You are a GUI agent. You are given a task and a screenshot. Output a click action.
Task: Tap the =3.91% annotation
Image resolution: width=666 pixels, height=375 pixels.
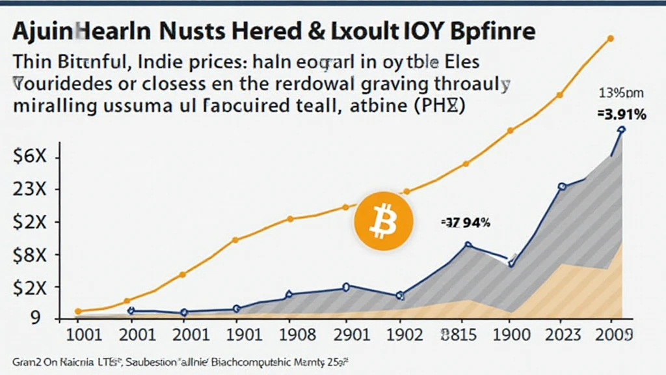pyautogui.click(x=620, y=115)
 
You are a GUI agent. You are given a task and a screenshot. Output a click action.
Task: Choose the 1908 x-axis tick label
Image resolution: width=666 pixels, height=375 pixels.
pyautogui.click(x=291, y=337)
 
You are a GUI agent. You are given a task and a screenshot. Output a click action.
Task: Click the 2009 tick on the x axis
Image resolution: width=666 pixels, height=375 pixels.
pyautogui.click(x=615, y=337)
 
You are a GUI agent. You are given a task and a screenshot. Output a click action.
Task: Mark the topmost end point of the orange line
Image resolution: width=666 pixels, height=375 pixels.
pyautogui.click(x=610, y=38)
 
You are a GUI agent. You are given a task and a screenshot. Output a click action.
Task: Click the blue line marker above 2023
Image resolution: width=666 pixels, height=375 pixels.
pyautogui.click(x=562, y=187)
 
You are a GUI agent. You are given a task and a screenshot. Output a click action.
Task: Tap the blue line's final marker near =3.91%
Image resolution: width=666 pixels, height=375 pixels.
pyautogui.click(x=621, y=130)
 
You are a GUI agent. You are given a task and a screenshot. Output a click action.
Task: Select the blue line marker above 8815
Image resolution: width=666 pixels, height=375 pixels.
pyautogui.click(x=468, y=245)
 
